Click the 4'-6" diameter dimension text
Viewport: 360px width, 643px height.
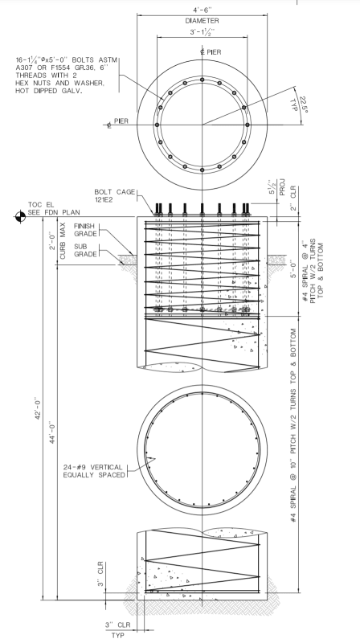coord(202,10)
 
